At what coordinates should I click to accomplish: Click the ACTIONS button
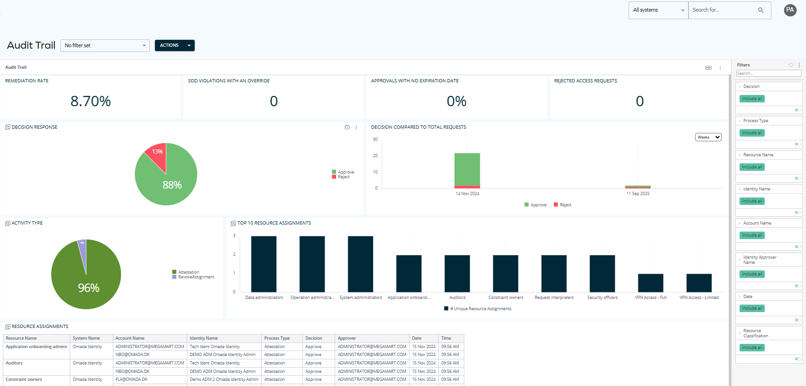[x=174, y=45]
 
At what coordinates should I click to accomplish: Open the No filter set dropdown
[x=105, y=45]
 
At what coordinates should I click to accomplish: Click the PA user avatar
[x=790, y=10]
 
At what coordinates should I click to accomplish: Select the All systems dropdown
[x=658, y=10]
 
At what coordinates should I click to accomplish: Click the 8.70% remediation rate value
[x=91, y=101]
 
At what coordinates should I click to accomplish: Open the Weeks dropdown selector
[x=708, y=137]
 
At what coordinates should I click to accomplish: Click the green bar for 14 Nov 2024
[x=467, y=168]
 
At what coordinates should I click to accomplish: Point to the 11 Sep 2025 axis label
[x=637, y=194]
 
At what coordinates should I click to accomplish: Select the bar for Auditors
[x=457, y=273]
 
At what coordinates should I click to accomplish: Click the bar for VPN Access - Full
[x=651, y=283]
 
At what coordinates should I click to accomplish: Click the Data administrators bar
[x=264, y=264]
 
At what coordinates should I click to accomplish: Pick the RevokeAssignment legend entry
[x=196, y=277]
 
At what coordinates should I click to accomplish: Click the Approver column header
[x=347, y=338]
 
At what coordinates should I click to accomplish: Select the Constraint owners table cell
[x=24, y=379]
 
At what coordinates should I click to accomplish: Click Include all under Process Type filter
[x=752, y=133]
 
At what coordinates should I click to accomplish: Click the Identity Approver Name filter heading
[x=760, y=260]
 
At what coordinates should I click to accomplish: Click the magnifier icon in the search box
[x=761, y=10]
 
